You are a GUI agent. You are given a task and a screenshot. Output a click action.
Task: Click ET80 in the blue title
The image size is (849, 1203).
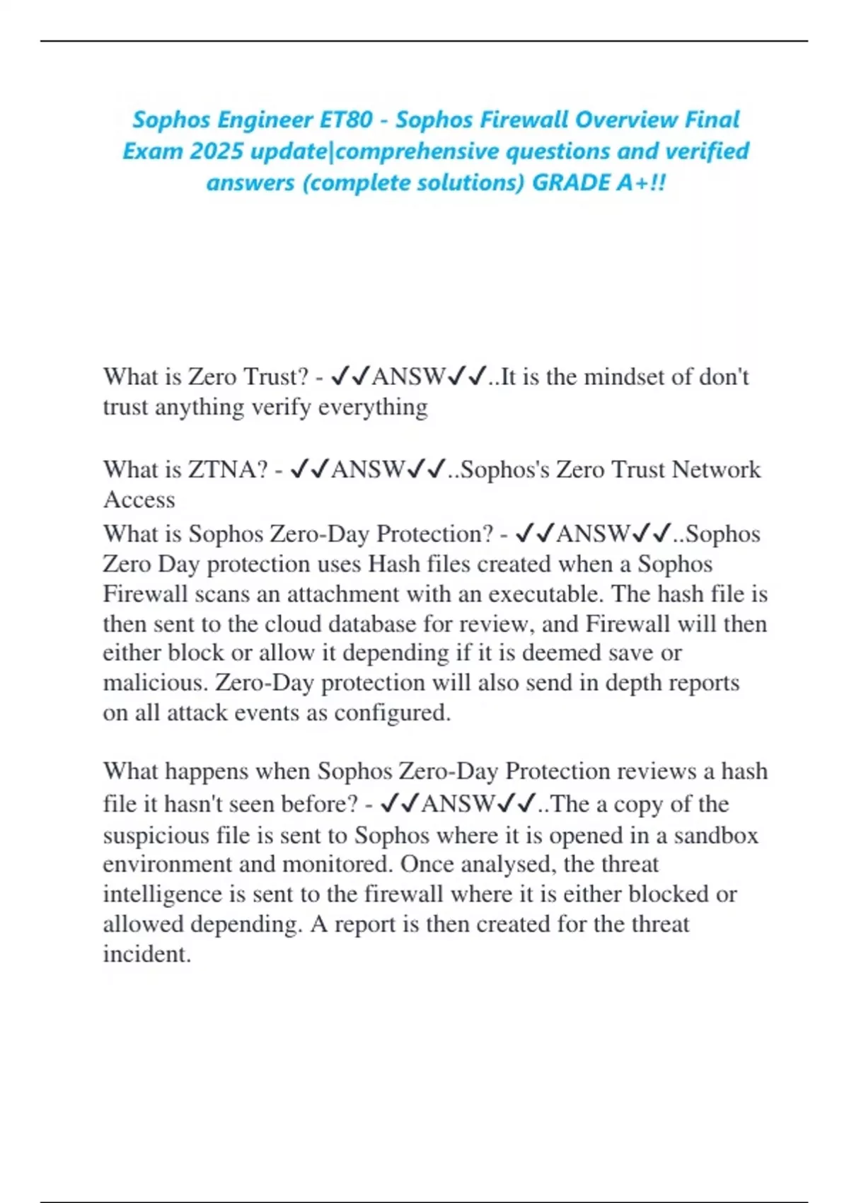tap(346, 120)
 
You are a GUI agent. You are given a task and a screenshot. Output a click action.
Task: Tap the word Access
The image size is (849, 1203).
tap(139, 500)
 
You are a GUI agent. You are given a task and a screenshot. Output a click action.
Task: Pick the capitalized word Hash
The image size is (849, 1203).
tap(394, 564)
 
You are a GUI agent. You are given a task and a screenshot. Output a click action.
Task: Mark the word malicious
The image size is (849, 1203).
tap(155, 683)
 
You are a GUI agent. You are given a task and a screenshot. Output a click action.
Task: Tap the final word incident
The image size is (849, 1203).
tap(147, 954)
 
